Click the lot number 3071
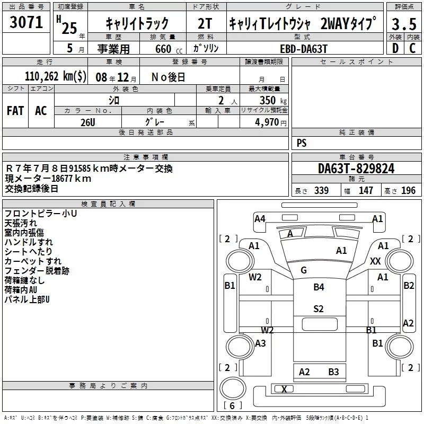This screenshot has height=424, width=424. click(26, 23)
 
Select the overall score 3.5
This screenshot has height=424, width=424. click(404, 25)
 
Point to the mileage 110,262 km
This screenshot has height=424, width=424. click(56, 76)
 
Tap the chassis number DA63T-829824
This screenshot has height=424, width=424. click(356, 169)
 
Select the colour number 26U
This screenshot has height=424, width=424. click(87, 121)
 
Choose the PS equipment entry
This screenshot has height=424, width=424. click(302, 143)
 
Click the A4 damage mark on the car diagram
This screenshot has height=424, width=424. click(260, 218)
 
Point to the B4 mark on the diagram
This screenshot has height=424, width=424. click(319, 287)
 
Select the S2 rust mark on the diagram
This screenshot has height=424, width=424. click(319, 309)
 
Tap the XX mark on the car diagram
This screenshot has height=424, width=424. click(375, 261)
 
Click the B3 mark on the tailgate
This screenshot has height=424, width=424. click(333, 372)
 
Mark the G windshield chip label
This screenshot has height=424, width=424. click(304, 270)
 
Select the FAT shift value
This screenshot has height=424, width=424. click(15, 111)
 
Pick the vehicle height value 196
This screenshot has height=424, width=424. click(408, 191)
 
